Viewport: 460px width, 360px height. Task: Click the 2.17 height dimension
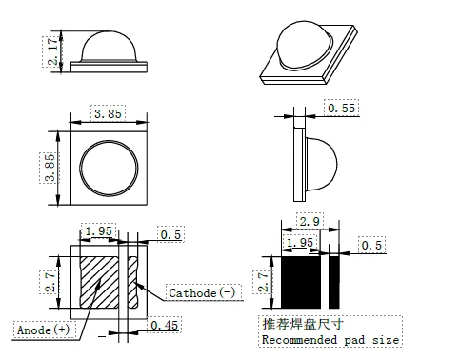pyautogui.click(x=51, y=50)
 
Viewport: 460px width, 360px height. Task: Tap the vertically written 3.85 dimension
pyautogui.click(x=51, y=170)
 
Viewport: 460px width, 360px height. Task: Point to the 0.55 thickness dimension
pyautogui.click(x=342, y=110)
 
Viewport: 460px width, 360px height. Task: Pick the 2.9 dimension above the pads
pyautogui.click(x=309, y=221)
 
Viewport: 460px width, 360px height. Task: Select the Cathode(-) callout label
pyautogui.click(x=203, y=293)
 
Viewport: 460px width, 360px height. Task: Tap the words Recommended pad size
pyautogui.click(x=330, y=339)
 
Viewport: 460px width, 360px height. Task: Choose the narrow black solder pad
pyautogui.click(x=334, y=283)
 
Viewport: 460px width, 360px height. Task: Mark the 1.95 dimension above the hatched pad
pyautogui.click(x=100, y=231)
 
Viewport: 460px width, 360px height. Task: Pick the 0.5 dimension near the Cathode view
pyautogui.click(x=170, y=234)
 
